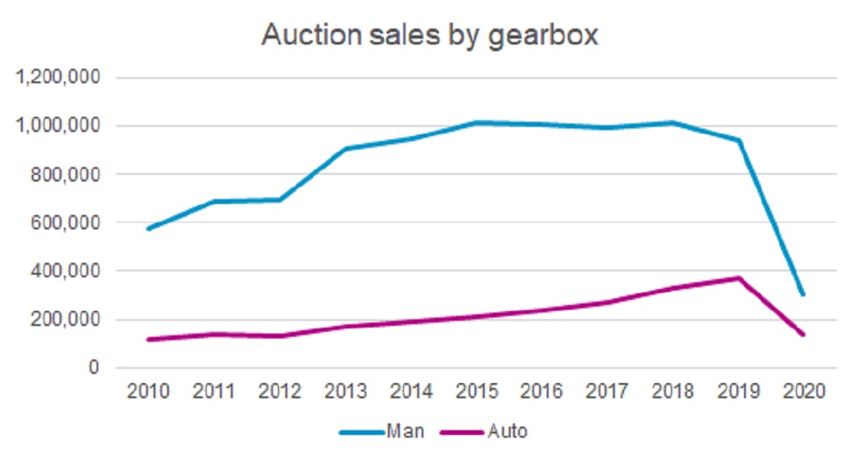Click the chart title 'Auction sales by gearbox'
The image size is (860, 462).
click(429, 35)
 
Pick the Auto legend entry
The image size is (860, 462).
click(508, 432)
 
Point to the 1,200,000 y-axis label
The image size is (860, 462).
click(60, 78)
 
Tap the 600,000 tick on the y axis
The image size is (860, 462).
click(66, 223)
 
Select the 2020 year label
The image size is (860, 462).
click(803, 392)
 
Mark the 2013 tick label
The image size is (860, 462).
click(345, 392)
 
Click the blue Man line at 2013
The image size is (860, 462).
click(345, 149)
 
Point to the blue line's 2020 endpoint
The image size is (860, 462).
click(803, 294)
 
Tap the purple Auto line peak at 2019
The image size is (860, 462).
click(738, 278)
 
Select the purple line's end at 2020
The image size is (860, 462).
click(803, 334)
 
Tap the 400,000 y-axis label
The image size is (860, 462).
click(66, 271)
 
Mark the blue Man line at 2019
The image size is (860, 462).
click(738, 140)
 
